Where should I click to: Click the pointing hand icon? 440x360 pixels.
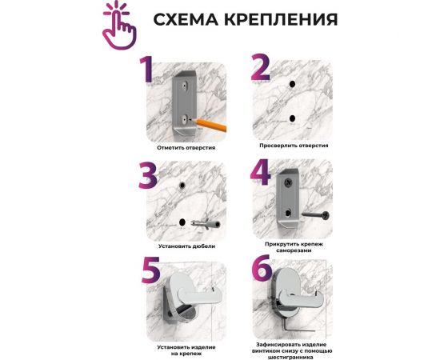[119, 26]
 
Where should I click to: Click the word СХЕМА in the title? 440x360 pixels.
[186, 20]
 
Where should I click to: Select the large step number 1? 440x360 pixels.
[146, 70]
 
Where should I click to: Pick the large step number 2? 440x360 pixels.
[260, 67]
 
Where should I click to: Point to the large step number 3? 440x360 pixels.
[148, 175]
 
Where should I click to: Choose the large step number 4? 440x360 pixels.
[261, 172]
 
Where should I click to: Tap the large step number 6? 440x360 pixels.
[262, 267]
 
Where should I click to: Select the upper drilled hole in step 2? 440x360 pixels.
[292, 84]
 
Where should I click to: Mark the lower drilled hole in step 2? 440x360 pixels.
[292, 118]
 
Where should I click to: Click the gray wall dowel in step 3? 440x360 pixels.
[205, 224]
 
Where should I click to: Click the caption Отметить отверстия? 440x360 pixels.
[186, 147]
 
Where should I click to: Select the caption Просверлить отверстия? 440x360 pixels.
[294, 146]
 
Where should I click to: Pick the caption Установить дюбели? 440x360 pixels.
[187, 246]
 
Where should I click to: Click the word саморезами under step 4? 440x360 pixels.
[294, 250]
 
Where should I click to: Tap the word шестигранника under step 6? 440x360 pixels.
[290, 358]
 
